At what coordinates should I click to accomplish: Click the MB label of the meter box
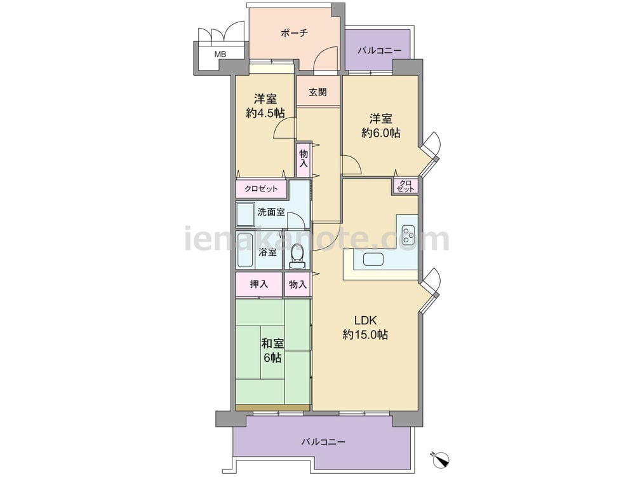coord(220,54)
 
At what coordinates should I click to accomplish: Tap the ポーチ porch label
coord(295,33)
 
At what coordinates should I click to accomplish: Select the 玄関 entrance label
coord(317,92)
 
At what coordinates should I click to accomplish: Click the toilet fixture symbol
coord(297,257)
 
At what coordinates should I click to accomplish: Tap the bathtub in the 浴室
coord(245,250)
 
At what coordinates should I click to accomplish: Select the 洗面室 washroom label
coord(271,212)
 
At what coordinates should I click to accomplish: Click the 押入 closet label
coord(259,284)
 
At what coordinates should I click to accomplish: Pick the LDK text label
coord(366,321)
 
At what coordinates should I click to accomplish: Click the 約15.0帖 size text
coord(365,335)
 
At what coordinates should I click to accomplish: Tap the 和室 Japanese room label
coord(272,344)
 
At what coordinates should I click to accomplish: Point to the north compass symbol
coord(440,458)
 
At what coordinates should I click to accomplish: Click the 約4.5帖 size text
coord(265,113)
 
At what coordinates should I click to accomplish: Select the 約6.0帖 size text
coord(380,133)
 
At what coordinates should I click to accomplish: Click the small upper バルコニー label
coord(380,51)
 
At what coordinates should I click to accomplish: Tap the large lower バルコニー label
coord(323,442)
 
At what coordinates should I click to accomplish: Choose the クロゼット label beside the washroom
coord(261,189)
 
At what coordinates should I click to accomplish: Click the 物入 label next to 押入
coord(298,284)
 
